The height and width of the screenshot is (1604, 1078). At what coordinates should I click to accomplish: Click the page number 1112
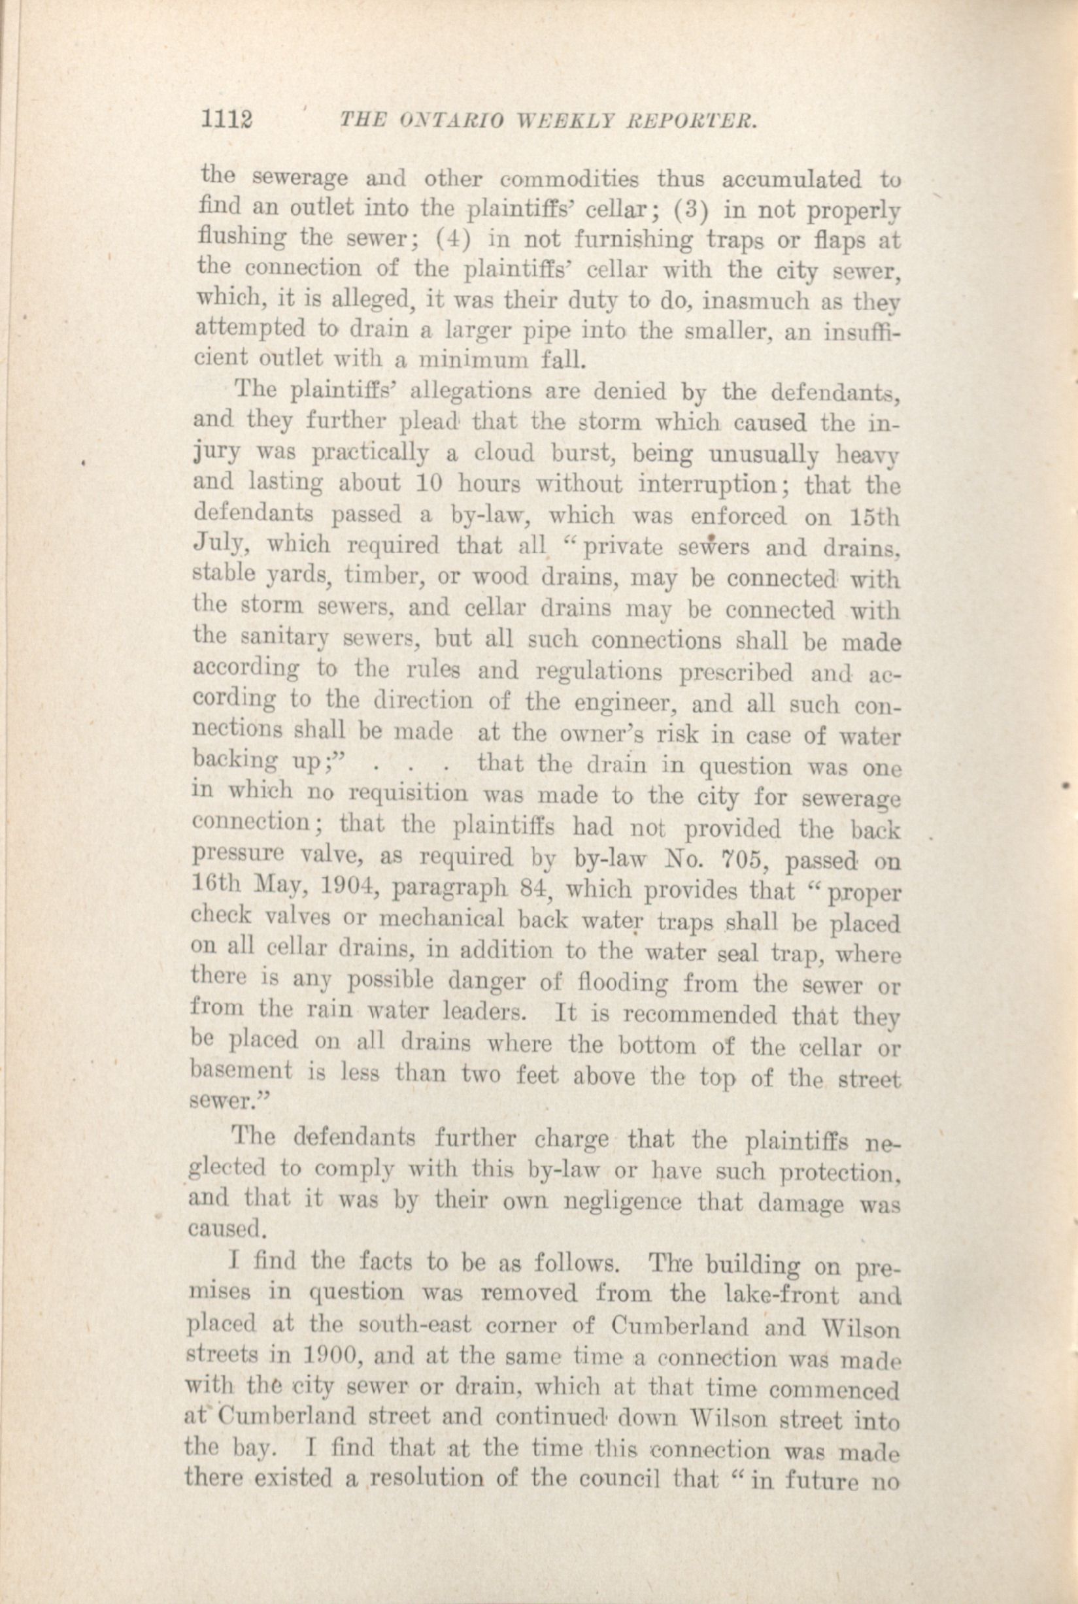tap(226, 122)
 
